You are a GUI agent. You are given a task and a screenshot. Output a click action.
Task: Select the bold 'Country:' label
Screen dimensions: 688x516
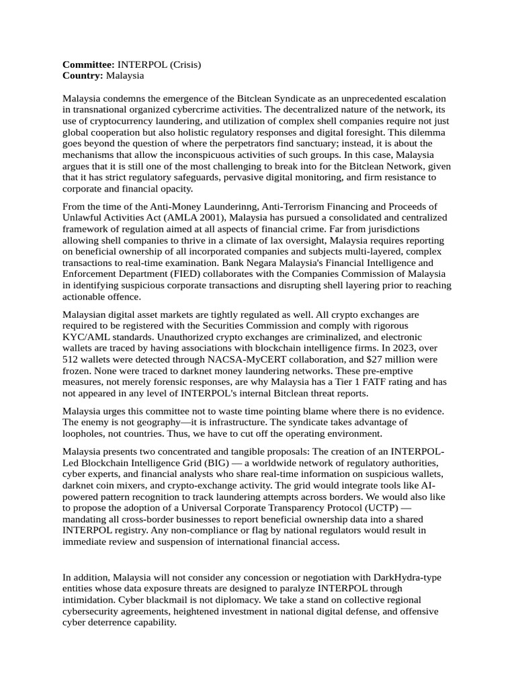(x=83, y=76)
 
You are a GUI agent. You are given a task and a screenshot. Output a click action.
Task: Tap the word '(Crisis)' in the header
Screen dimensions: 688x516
(x=183, y=64)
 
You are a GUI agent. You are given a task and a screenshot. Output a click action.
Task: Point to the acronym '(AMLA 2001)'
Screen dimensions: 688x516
(x=191, y=218)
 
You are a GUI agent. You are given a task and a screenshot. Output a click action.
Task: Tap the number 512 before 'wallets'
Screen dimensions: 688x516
(x=71, y=359)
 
